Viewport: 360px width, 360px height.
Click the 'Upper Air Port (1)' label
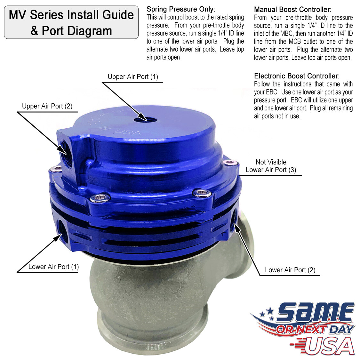[x=133, y=77]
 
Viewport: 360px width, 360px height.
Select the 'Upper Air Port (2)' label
[x=47, y=106]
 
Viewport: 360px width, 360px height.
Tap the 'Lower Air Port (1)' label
[x=53, y=267]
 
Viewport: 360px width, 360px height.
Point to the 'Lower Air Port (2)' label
[x=290, y=270]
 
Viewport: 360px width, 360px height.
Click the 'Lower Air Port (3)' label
[x=271, y=170]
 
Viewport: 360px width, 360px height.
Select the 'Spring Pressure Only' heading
[x=181, y=9]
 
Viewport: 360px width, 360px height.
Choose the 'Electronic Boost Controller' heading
[x=297, y=76]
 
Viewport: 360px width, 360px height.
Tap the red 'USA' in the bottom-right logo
[x=330, y=346]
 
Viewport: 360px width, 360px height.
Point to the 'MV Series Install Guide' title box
[x=71, y=22]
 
